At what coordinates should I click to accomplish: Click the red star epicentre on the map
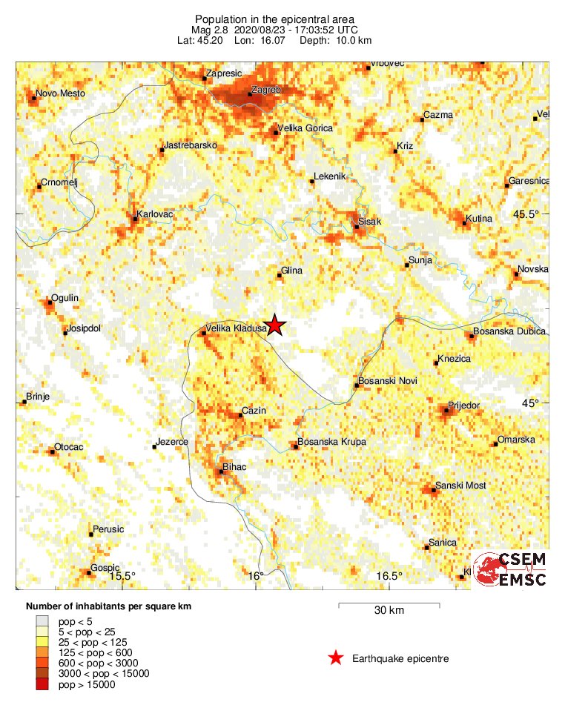point(275,325)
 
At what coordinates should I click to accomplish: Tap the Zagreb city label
point(265,90)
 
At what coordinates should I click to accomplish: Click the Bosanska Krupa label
point(331,443)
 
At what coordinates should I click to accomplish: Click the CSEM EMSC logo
point(511,570)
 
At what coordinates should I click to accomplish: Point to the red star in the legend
point(336,658)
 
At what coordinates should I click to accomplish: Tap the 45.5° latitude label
point(527,214)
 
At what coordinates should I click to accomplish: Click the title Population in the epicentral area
point(274,19)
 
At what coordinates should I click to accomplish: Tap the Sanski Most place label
point(461,486)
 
